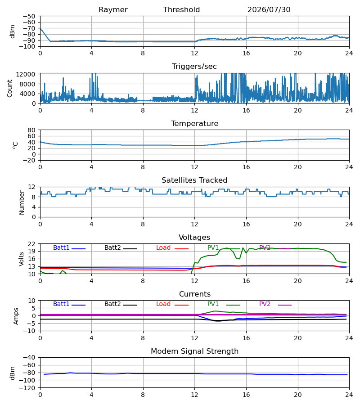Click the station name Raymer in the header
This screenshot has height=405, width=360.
[113, 10]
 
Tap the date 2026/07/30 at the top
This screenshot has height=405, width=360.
[269, 10]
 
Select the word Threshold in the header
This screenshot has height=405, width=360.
[181, 9]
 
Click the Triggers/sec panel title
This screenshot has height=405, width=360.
[194, 67]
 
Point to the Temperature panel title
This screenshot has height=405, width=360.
[194, 123]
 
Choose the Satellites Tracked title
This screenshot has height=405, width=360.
[194, 180]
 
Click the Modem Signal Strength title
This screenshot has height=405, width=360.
[194, 351]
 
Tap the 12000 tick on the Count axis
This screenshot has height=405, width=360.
[26, 74]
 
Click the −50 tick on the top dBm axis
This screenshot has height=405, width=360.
[29, 16]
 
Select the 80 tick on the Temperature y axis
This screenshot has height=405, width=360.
[31, 130]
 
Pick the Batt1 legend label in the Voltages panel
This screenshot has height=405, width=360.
[61, 247]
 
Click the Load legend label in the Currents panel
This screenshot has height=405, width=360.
[163, 304]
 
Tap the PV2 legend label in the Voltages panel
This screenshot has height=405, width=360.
[265, 247]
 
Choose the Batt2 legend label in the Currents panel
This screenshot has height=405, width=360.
[112, 304]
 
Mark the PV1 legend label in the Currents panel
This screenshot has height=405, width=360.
[213, 304]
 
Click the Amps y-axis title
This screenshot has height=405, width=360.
[16, 316]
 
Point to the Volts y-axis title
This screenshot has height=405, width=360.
[21, 259]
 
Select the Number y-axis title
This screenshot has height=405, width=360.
[22, 202]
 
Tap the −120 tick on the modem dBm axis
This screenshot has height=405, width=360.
[28, 388]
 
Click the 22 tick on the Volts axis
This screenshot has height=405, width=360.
[31, 244]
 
